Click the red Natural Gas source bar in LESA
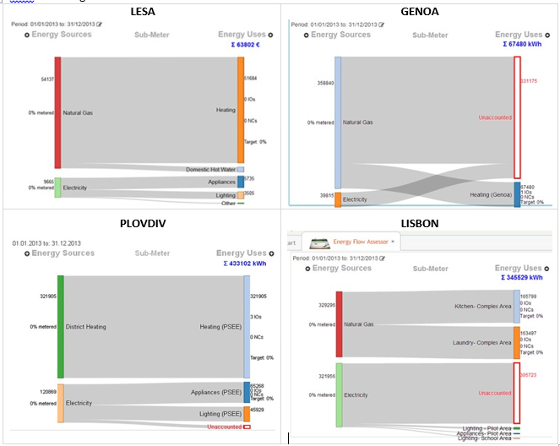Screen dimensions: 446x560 coord(57,112)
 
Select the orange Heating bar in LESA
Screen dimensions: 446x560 coord(241,110)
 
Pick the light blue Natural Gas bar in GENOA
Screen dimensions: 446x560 coord(338,122)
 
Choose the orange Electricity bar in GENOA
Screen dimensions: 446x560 coord(338,199)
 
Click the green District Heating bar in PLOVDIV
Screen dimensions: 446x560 coord(61,326)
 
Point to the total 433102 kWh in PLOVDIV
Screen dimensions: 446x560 coord(246,263)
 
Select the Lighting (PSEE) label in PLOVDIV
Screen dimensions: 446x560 coord(220,414)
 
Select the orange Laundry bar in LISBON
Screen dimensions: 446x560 coord(517,342)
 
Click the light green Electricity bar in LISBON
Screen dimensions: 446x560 coord(340,394)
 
